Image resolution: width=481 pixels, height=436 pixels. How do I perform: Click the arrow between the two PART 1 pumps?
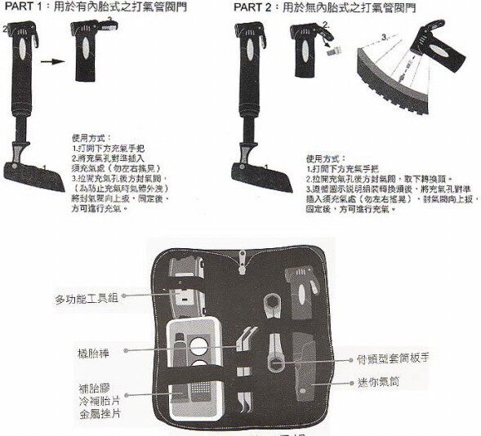click(x=52, y=60)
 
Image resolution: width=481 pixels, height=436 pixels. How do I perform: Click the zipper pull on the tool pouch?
click(x=240, y=260)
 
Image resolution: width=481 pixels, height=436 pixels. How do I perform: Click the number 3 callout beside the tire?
click(x=382, y=37)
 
